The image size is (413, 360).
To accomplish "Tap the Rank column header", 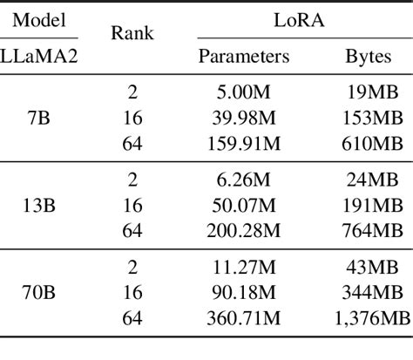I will [132, 35].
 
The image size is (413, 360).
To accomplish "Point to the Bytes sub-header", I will [369, 57].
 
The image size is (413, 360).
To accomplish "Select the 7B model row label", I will [38, 118].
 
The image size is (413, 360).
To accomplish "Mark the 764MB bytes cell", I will [369, 234].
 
